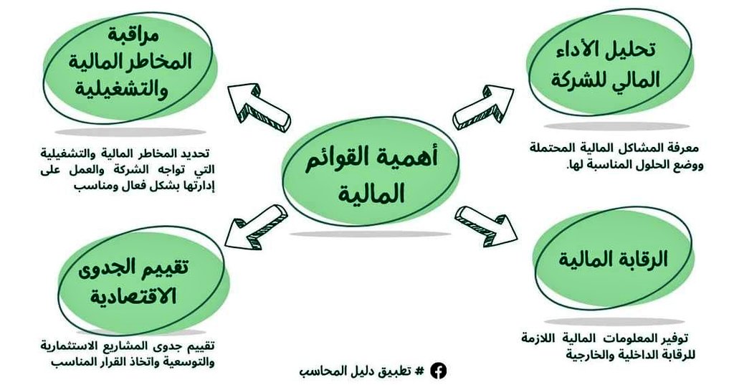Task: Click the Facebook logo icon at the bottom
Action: point(438,371)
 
